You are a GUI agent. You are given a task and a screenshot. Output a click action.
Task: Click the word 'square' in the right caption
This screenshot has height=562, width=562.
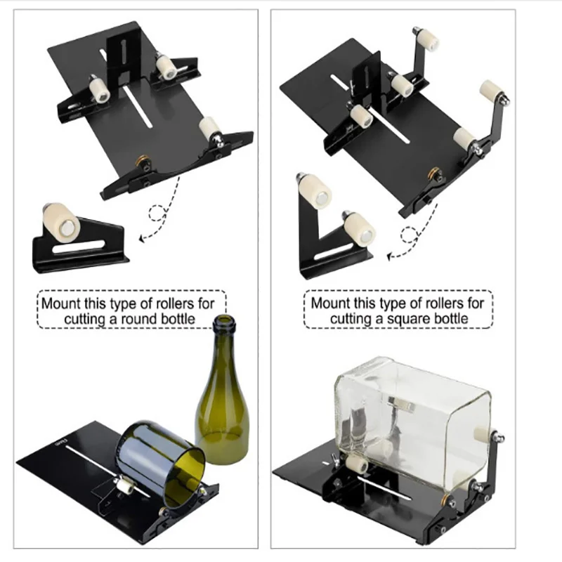click(407, 319)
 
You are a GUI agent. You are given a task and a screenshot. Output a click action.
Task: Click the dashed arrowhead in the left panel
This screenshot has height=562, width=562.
click(143, 238)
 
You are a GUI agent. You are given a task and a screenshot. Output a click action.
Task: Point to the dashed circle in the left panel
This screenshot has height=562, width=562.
click(157, 214)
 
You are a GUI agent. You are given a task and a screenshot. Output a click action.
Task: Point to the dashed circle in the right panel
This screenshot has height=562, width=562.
click(409, 235)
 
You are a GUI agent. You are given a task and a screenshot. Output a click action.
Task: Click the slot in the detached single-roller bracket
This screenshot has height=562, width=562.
click(79, 247)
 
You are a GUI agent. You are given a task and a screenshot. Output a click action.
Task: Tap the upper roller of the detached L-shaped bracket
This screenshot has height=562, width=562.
click(314, 190)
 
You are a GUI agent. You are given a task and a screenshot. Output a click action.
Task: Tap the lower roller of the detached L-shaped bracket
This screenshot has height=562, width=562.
click(359, 230)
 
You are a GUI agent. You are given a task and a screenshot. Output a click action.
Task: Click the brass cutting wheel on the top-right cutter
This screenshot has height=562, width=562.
click(434, 173)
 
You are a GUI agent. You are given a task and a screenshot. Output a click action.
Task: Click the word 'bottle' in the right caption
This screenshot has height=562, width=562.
click(450, 319)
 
